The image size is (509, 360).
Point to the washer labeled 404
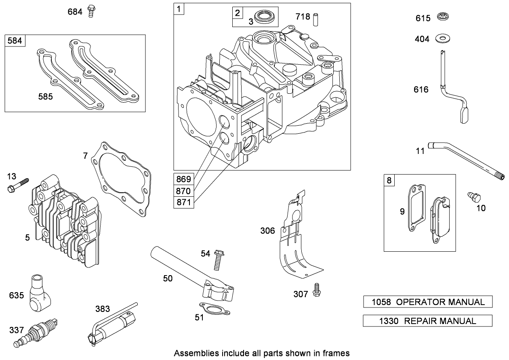pyautogui.click(x=443, y=39)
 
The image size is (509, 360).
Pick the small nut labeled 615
pyautogui.click(x=443, y=17)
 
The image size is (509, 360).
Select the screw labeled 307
pyautogui.click(x=317, y=291)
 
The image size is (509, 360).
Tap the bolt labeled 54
pyautogui.click(x=218, y=261)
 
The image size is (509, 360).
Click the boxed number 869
pyautogui.click(x=183, y=178)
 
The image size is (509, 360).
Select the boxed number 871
pyautogui.click(x=183, y=202)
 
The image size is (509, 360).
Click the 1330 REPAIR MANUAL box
pyautogui.click(x=428, y=321)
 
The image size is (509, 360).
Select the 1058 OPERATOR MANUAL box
pyautogui.click(x=428, y=302)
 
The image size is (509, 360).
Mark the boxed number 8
pyautogui.click(x=389, y=180)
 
